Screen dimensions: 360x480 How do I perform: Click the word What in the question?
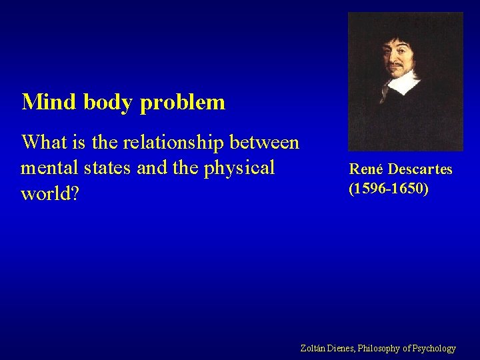(x=45, y=142)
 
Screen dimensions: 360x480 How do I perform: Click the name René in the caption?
(x=365, y=169)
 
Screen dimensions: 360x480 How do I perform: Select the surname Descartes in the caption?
(x=419, y=169)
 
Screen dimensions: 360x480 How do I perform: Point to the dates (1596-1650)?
(x=389, y=189)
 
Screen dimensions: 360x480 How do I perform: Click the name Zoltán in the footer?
(x=313, y=348)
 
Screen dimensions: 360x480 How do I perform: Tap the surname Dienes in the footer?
(x=343, y=348)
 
